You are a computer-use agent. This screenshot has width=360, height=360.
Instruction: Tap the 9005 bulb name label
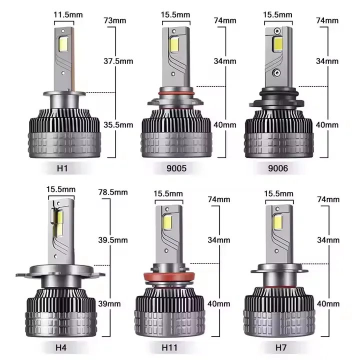coord(175,169)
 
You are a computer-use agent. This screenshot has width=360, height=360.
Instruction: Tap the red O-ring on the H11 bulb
coord(170,276)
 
